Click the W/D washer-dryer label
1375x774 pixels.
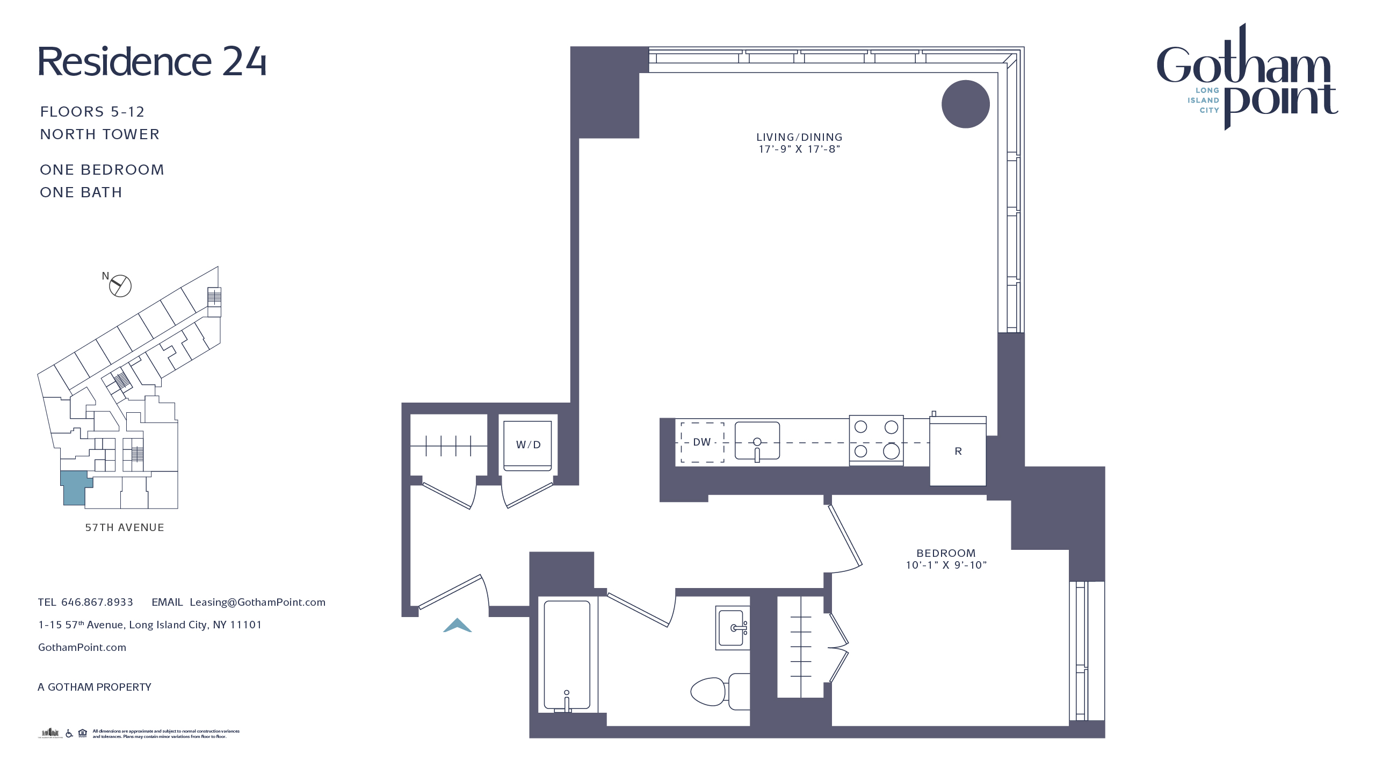click(x=528, y=445)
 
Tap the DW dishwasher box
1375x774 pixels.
click(x=702, y=442)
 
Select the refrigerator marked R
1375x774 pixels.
click(x=958, y=451)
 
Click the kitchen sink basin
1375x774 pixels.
click(x=757, y=441)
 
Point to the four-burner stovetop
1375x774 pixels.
click(x=876, y=440)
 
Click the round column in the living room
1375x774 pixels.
click(x=965, y=104)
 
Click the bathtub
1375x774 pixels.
click(x=567, y=655)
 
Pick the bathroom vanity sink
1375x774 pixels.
click(x=732, y=628)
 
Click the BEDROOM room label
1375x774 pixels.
click(x=945, y=553)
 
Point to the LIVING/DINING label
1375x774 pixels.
click(x=799, y=137)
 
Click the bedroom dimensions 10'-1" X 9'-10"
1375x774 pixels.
click(x=946, y=565)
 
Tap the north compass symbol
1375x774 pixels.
click(x=120, y=285)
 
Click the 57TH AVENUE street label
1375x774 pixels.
click(x=125, y=527)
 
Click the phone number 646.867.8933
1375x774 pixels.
click(x=97, y=602)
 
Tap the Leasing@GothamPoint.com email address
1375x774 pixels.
click(x=257, y=602)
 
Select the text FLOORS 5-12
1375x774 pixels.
click(x=92, y=112)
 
